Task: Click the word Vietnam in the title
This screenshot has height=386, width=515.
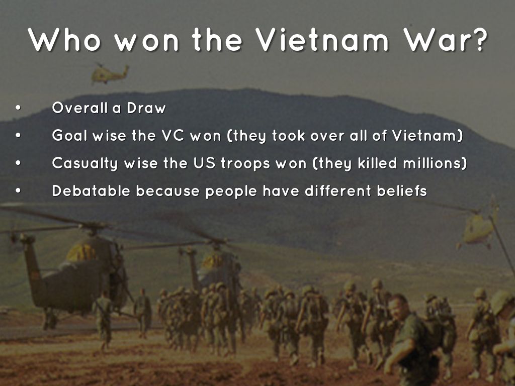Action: [x=321, y=40]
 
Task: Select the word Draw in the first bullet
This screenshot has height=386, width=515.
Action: [x=146, y=108]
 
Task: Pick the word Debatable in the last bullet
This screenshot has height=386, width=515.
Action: [x=91, y=190]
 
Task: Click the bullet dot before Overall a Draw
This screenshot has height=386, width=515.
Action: [x=18, y=108]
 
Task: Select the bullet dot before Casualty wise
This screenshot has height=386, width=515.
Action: [x=18, y=163]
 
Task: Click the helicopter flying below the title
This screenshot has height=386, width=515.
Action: [x=109, y=73]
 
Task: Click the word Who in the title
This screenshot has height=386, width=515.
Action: [x=64, y=40]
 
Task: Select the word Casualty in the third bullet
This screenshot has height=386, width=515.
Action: [x=84, y=164]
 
